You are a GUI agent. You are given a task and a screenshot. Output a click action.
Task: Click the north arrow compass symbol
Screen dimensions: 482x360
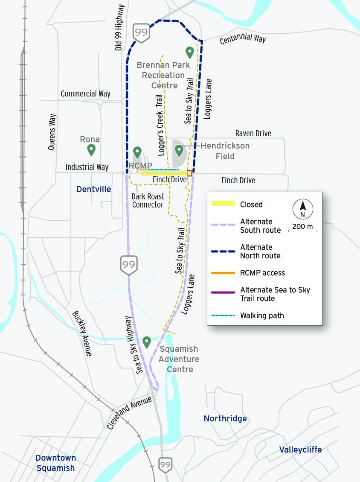[303, 209]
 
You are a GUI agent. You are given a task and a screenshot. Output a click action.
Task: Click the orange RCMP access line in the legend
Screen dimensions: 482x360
[224, 273]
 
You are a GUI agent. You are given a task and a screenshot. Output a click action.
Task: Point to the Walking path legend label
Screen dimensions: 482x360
[262, 315]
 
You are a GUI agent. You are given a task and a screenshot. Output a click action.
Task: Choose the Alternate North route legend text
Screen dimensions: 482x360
[260, 251]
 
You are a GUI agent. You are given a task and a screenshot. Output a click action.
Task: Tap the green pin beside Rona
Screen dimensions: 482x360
[91, 150]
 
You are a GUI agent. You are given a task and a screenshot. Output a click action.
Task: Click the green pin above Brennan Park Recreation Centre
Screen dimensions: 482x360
[190, 53]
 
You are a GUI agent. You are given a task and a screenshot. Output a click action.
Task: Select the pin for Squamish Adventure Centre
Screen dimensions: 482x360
[147, 342]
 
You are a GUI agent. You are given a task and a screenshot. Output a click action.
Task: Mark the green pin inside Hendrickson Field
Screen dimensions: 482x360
[179, 150]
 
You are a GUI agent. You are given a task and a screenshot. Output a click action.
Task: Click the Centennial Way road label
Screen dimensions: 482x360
[243, 38]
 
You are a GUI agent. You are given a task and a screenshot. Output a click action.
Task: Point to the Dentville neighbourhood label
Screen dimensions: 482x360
[93, 189]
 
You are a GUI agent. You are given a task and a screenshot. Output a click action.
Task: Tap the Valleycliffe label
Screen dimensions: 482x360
[300, 450]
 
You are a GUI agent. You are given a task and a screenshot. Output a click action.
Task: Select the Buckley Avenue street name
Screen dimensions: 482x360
[82, 333]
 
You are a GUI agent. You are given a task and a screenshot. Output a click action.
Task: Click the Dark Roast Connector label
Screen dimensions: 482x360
[148, 201]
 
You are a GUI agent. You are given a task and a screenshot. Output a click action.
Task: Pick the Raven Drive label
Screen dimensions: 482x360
[253, 134]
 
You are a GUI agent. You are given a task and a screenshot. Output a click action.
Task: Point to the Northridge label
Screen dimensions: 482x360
[225, 418]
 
